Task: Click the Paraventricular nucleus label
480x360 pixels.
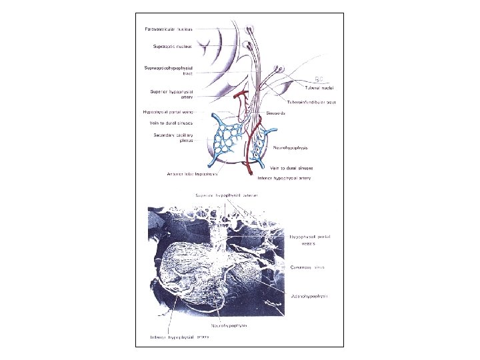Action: [x=169, y=29]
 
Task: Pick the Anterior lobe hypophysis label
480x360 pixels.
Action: [x=194, y=174]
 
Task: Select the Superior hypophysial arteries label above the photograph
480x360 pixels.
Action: [x=226, y=195]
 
